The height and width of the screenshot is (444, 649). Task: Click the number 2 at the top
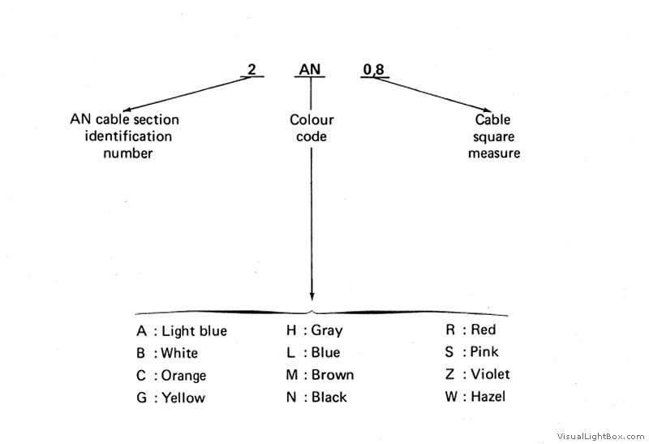[251, 69]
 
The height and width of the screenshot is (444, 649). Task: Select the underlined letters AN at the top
[310, 69]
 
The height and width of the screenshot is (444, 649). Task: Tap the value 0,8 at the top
[374, 70]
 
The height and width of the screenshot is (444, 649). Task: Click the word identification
[128, 136]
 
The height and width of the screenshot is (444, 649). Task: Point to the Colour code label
[312, 128]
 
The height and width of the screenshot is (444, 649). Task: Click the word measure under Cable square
[494, 153]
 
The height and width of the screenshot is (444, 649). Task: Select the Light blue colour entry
[194, 331]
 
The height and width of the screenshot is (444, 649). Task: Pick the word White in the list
[179, 353]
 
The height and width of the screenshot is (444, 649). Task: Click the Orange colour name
[183, 376]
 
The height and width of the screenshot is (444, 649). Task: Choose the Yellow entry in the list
[183, 398]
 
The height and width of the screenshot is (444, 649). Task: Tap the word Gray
[327, 330]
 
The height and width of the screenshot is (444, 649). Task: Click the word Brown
[333, 375]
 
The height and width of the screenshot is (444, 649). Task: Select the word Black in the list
[329, 397]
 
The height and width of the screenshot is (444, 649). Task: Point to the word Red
[484, 330]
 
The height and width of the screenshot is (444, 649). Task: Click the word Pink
[484, 351]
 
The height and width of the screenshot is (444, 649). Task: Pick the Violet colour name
[490, 374]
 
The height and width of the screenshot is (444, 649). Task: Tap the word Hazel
[488, 396]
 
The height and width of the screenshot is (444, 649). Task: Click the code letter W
[451, 397]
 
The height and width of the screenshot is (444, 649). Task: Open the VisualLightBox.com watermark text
[600, 436]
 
